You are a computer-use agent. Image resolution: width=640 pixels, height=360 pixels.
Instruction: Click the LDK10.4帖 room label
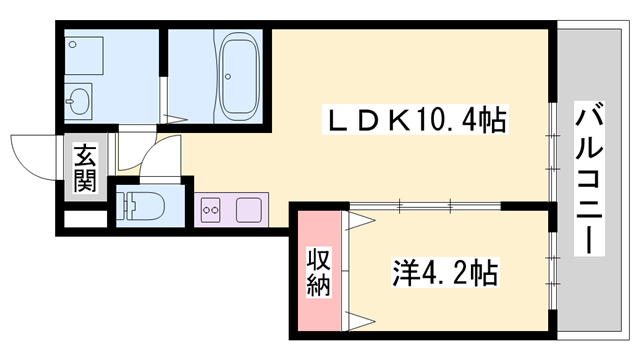coord(409,121)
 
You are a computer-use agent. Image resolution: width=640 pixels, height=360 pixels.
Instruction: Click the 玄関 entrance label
coord(85,169)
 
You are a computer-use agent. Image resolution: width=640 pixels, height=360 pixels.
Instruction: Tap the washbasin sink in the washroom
coord(79,101)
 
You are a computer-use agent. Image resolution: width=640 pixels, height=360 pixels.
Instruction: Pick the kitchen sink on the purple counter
coord(249,211)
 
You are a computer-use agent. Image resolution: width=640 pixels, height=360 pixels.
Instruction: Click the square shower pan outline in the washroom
coord(89,53)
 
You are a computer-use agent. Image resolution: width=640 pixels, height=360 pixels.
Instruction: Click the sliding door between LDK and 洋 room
coord(420,205)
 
